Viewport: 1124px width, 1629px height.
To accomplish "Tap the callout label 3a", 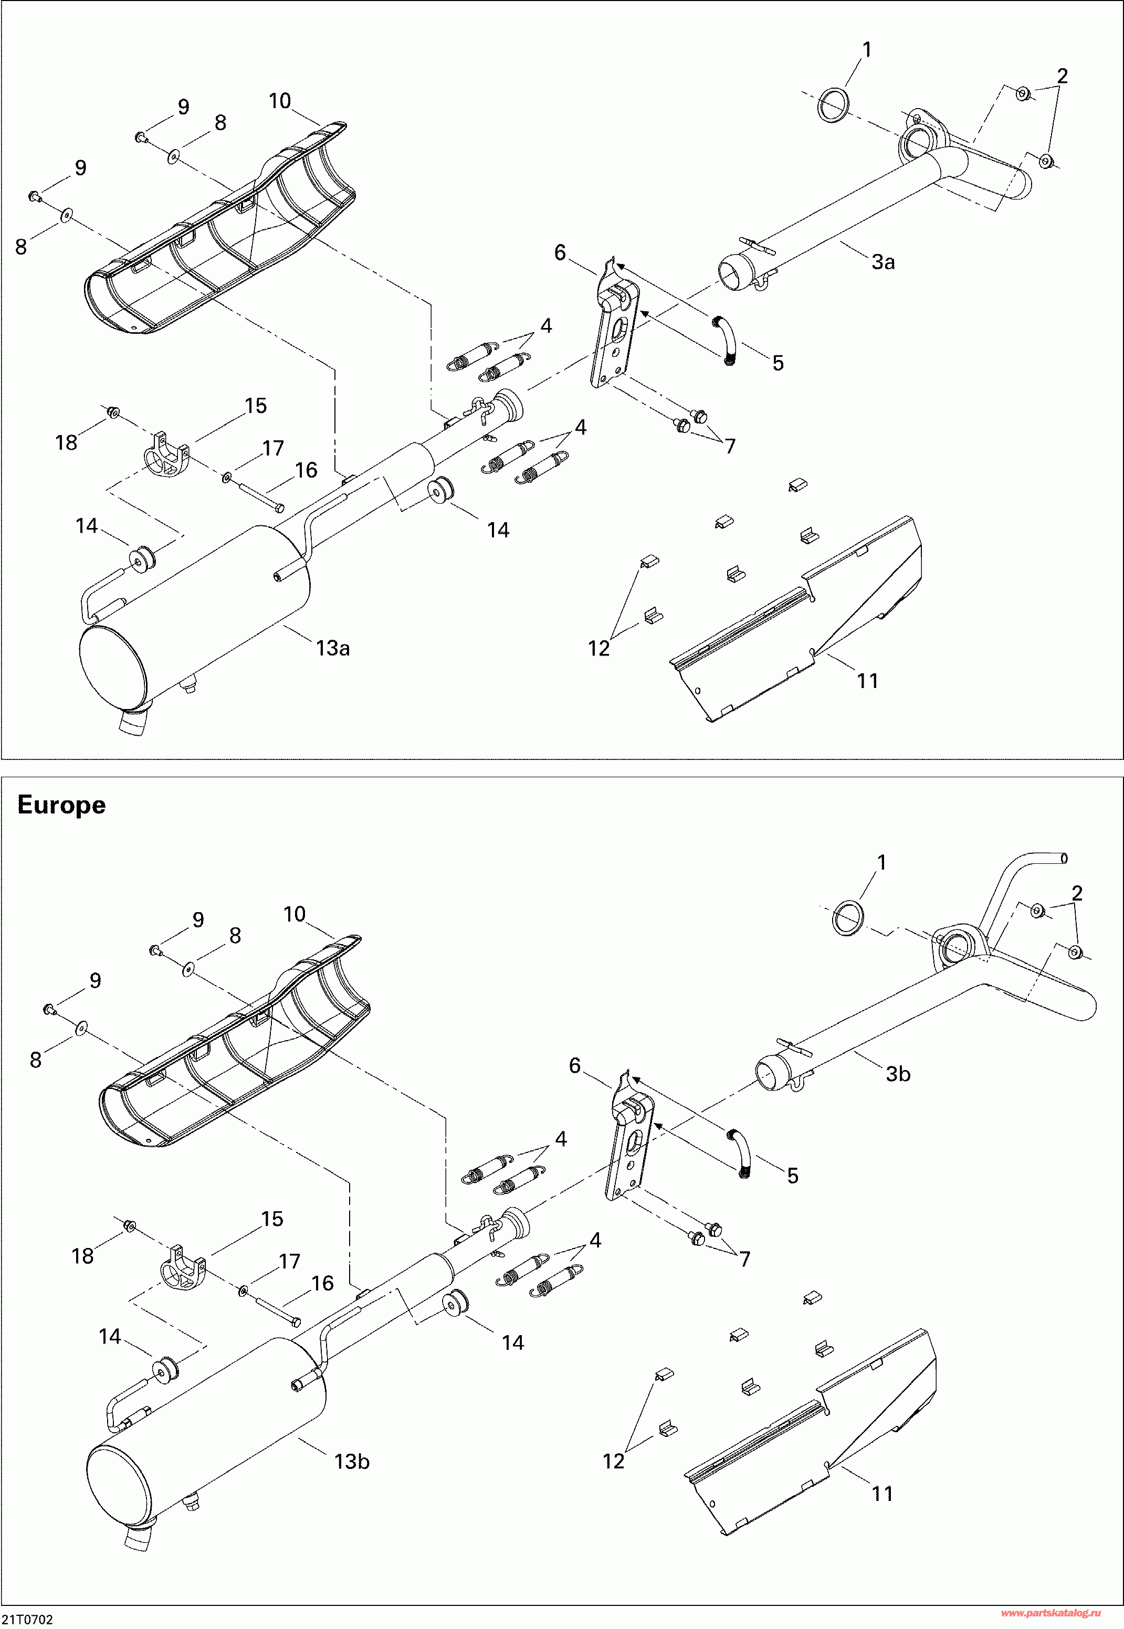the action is coord(883,262).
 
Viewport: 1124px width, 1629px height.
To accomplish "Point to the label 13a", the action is coord(333,648).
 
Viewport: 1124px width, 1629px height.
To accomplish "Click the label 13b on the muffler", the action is coord(351,1462).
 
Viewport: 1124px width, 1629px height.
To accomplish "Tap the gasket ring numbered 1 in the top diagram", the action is coord(833,105).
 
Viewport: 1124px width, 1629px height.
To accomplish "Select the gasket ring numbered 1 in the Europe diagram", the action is coord(848,918).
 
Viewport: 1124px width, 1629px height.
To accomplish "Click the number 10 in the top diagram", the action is coord(280,101).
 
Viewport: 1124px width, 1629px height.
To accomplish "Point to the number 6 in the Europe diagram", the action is coord(575,1066).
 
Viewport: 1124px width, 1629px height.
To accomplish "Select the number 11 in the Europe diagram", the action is coord(883,1493).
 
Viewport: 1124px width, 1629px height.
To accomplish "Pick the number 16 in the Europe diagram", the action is coord(322,1283).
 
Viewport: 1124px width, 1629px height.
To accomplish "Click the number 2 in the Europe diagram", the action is coord(1077,893).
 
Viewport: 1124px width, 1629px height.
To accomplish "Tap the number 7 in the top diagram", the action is coord(730,446).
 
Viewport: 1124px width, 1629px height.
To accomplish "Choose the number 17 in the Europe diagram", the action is coord(289,1261).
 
